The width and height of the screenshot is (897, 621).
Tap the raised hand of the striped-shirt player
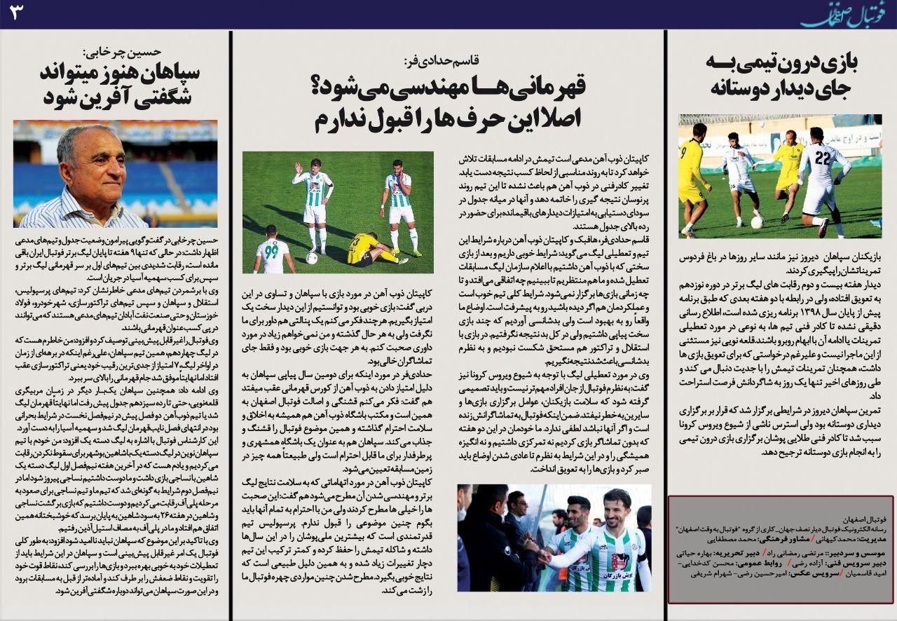click(298, 168)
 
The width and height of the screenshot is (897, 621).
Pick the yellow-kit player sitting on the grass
click(371, 251)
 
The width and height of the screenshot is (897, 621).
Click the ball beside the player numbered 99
click(311, 258)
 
